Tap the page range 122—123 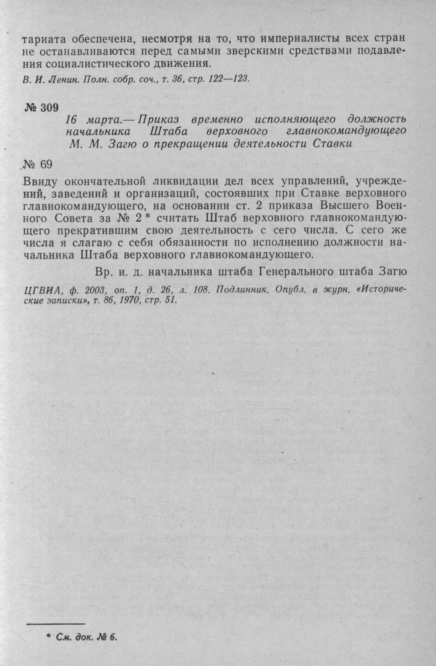tap(231, 79)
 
